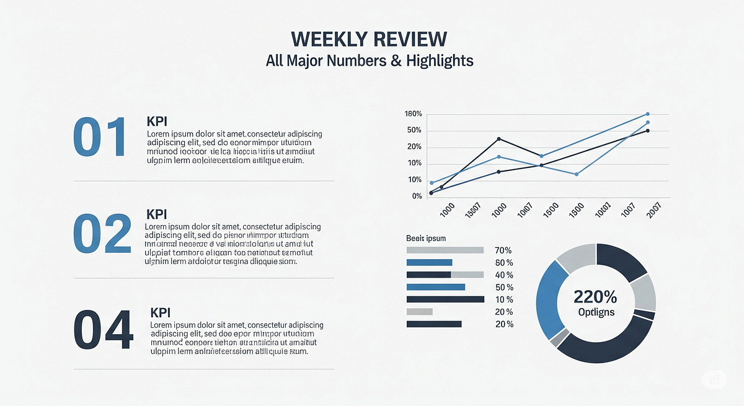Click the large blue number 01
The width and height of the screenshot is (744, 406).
tap(99, 136)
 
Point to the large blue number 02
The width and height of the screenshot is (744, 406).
tap(102, 234)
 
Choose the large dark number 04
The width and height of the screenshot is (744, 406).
tap(104, 330)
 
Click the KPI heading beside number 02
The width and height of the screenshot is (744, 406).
tap(157, 214)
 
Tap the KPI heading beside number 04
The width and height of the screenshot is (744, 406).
tap(161, 313)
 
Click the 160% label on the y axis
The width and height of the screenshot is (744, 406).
tap(413, 114)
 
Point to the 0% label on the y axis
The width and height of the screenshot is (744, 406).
tap(417, 196)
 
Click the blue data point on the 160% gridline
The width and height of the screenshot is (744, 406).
tap(647, 114)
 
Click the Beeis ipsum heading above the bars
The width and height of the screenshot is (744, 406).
tap(426, 238)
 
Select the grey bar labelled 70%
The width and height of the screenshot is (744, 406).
tap(445, 250)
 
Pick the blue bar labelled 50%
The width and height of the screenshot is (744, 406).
tap(435, 287)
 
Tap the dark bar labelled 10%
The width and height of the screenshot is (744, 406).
tap(445, 299)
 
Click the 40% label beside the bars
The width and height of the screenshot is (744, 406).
tap(504, 275)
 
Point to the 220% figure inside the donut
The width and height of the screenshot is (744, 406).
tap(595, 296)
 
